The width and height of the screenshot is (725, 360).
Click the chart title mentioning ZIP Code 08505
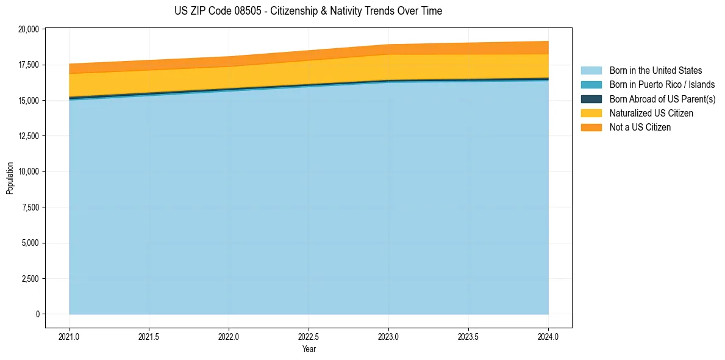[x=308, y=11]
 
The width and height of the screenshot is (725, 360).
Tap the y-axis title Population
[x=10, y=178]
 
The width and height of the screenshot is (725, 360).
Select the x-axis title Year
[x=309, y=349]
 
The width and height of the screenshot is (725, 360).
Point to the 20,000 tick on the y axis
[x=29, y=29]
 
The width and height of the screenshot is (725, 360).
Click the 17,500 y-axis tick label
[x=29, y=65]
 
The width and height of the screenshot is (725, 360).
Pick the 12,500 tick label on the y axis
[x=29, y=136]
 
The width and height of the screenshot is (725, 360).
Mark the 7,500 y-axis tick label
[x=30, y=207]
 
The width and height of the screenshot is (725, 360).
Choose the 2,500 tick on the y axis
[x=30, y=279]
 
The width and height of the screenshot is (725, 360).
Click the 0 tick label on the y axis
[x=37, y=314]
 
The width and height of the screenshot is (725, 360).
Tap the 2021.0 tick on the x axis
[x=70, y=336]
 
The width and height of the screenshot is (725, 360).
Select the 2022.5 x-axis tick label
[x=309, y=336]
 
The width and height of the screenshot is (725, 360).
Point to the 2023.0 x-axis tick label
[x=388, y=336]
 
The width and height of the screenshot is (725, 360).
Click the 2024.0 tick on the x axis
[x=548, y=336]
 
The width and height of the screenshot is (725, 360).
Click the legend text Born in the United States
[x=655, y=71]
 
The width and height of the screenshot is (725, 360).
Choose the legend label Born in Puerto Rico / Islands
[x=662, y=85]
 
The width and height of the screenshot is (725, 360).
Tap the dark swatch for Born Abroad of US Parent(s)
[x=591, y=99]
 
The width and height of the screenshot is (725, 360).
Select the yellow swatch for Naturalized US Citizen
[x=591, y=113]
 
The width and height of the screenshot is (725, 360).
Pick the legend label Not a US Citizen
[x=640, y=128]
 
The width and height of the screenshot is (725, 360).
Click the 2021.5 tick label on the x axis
[x=149, y=336]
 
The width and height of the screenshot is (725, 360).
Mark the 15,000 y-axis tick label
[x=29, y=100]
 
